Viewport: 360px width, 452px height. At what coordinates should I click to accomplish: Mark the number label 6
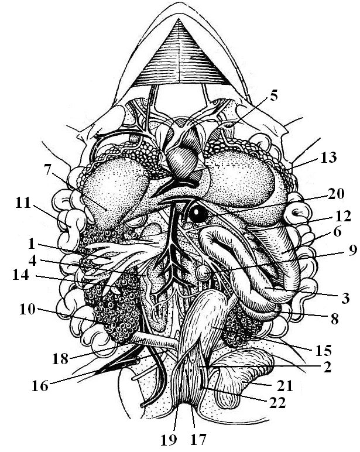point(337,232)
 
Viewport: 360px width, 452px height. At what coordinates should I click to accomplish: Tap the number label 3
point(346,299)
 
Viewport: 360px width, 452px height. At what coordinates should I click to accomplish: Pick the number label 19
point(178,437)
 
